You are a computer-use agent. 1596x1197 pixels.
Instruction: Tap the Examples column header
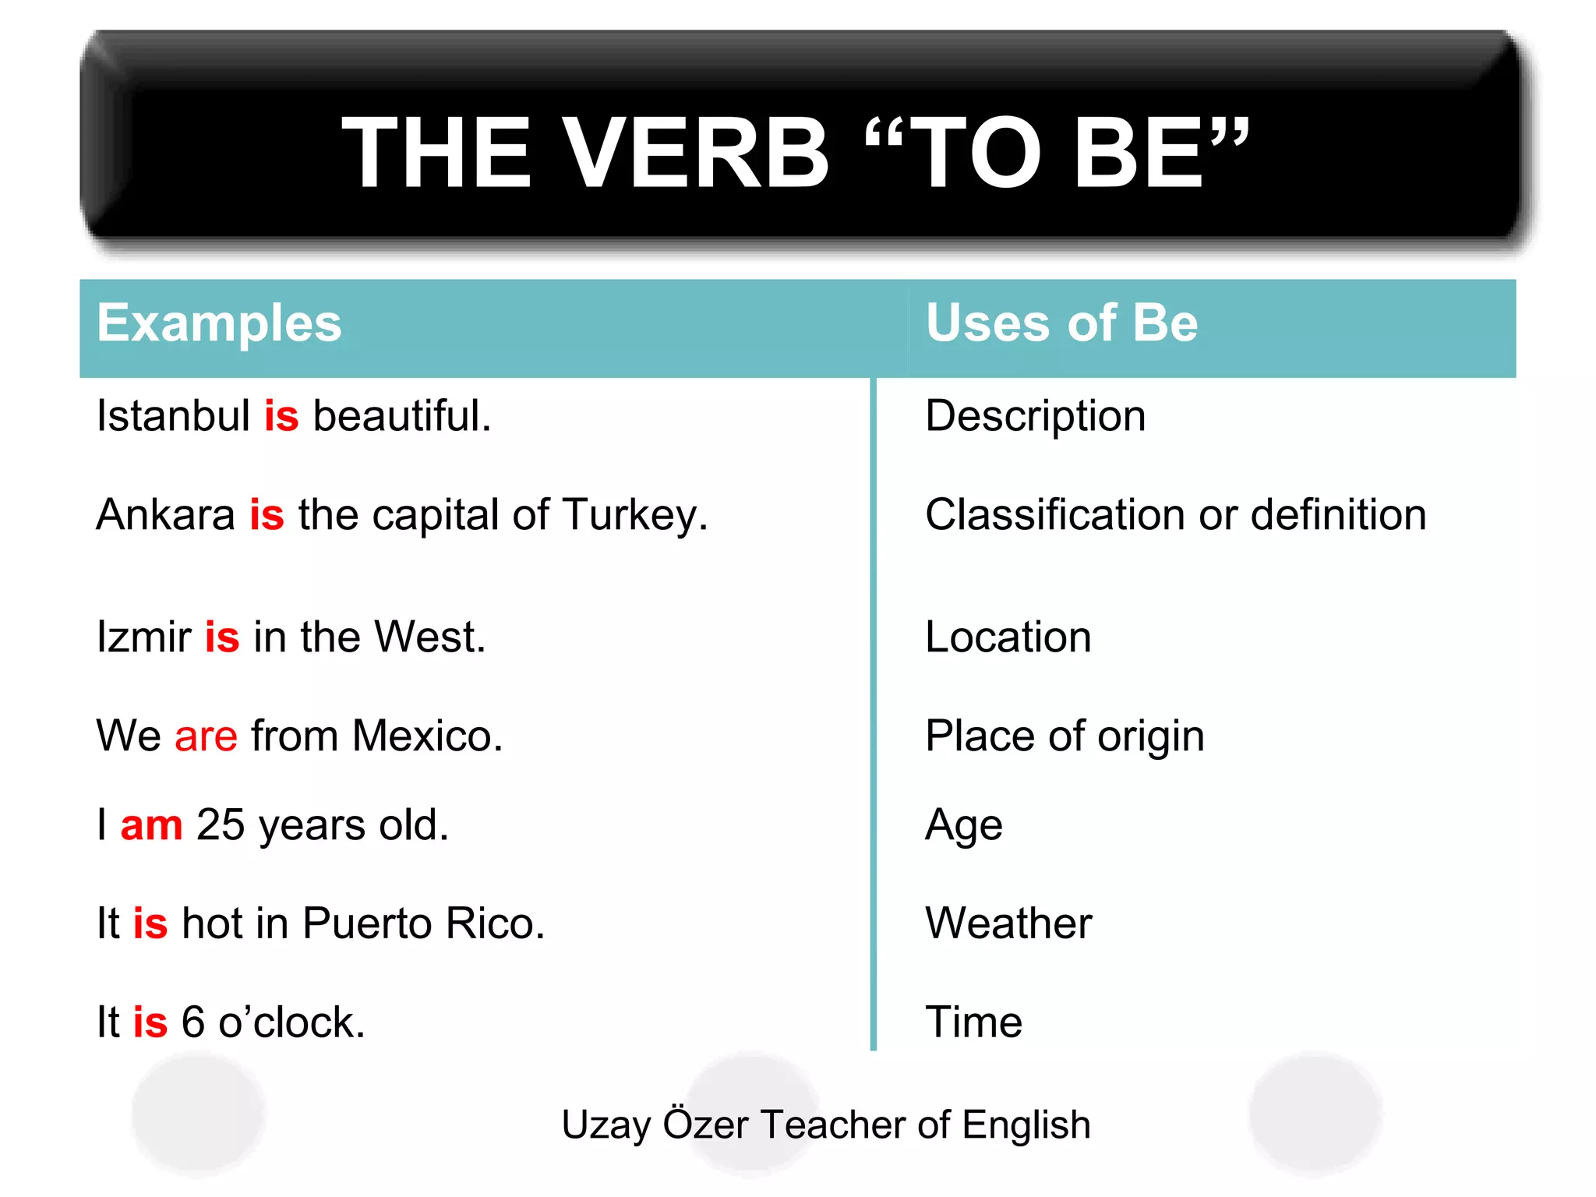(x=219, y=323)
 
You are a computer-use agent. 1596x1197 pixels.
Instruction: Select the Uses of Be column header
(x=1061, y=323)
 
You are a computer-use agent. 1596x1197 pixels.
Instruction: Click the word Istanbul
(x=173, y=415)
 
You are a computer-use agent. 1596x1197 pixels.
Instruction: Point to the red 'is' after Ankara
(x=267, y=515)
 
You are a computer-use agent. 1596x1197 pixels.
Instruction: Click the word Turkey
(x=634, y=516)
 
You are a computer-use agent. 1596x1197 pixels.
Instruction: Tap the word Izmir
(x=143, y=637)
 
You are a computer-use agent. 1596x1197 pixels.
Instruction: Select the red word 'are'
(x=206, y=736)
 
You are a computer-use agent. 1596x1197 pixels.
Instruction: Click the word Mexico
(x=427, y=736)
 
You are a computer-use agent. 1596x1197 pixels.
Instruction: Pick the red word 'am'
(x=152, y=825)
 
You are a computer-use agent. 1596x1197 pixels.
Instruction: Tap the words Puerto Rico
(x=423, y=924)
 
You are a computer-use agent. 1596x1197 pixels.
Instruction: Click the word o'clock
(x=291, y=1022)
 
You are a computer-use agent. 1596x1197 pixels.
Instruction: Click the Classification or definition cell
(x=1175, y=515)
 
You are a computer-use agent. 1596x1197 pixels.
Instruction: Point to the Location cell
(x=1008, y=637)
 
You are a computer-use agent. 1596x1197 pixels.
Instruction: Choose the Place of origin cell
(x=1065, y=737)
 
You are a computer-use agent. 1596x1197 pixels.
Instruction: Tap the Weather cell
(x=1008, y=924)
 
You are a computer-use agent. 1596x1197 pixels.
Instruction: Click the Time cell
(x=973, y=1022)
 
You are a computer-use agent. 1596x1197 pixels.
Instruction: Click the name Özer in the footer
(x=705, y=1124)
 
